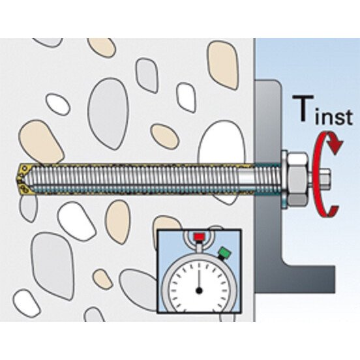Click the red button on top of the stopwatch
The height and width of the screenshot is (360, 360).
point(199,237)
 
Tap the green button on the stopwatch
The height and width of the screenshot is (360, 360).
point(225,253)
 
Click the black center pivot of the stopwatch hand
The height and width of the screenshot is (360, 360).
point(199,291)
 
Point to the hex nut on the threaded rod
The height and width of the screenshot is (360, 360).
point(298,179)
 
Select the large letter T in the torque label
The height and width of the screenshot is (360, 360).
point(303,108)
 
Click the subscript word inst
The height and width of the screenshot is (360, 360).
point(334,117)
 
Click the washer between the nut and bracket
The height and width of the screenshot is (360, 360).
point(284,179)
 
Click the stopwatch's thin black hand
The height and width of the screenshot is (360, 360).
point(199,278)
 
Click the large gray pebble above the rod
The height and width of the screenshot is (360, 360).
point(108,113)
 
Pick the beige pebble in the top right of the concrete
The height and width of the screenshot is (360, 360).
point(223,65)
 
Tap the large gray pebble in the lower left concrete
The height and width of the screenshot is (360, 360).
point(53,266)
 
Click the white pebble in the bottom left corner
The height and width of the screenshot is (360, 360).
point(26,303)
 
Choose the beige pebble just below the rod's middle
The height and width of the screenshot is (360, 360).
point(118,222)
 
